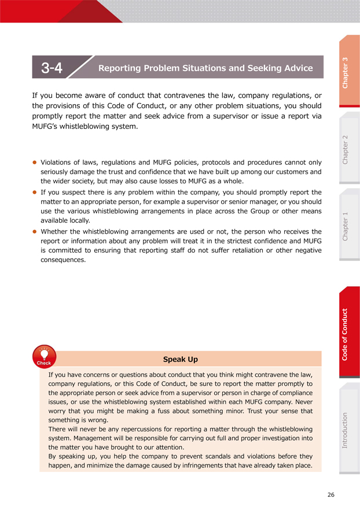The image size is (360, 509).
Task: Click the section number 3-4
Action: pos(52,68)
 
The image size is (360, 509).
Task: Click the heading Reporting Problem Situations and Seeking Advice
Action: pos(205,68)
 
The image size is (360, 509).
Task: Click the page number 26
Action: pos(330,495)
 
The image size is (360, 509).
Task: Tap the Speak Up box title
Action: pos(181,359)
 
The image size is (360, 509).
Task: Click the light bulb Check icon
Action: pos(44,355)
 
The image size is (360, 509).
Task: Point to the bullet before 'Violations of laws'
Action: pos(35,163)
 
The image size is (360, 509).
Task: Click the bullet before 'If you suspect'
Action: pos(35,192)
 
